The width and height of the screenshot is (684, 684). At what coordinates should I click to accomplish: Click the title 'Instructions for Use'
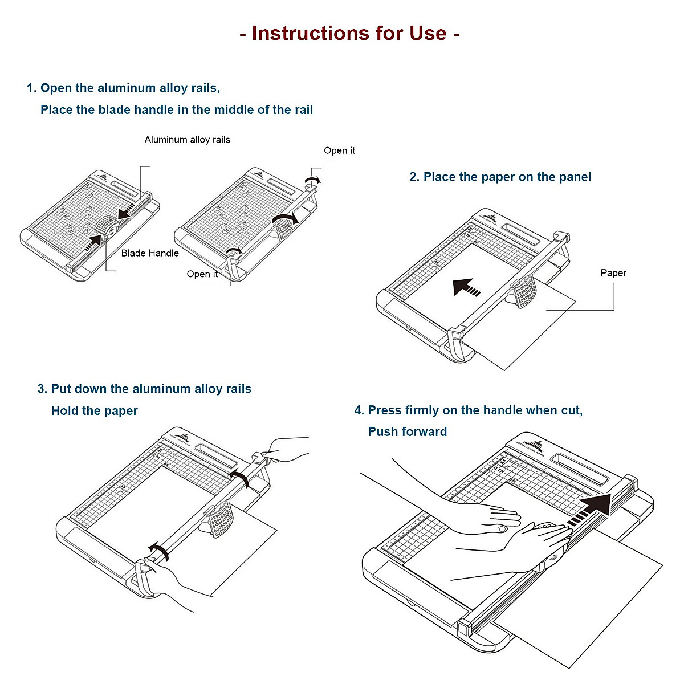coord(349,33)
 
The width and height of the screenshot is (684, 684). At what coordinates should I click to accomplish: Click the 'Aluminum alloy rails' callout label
coord(187,140)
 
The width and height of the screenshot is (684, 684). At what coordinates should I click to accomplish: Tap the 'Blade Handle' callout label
coord(150,253)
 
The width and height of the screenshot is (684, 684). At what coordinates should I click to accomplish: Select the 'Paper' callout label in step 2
coord(613,273)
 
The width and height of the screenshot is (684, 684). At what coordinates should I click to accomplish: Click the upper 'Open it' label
coord(339,150)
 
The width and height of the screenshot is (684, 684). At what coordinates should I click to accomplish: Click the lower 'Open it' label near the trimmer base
coord(202,274)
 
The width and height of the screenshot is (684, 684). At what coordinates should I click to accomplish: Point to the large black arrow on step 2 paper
coord(466,287)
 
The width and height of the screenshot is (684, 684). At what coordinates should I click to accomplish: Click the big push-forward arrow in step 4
coord(591,509)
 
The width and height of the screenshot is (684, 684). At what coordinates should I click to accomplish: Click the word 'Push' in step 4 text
coord(382,431)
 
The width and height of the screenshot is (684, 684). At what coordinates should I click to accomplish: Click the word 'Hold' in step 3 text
coord(64,411)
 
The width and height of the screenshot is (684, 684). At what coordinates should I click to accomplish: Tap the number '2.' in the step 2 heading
coord(414,177)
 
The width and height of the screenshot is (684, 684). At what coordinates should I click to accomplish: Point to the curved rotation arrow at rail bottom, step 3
coord(158,552)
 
